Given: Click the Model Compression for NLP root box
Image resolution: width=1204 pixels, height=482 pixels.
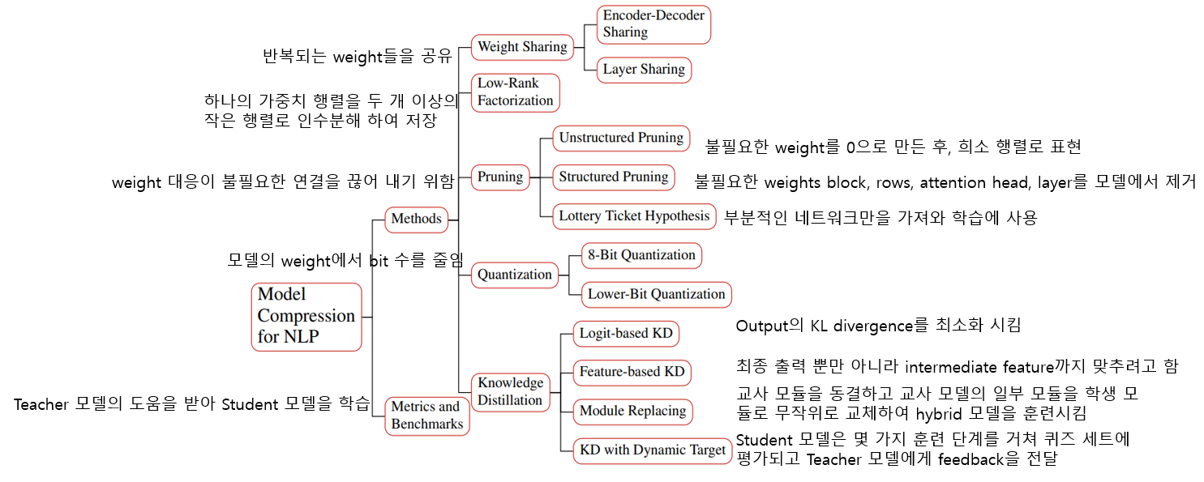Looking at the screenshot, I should [x=306, y=316].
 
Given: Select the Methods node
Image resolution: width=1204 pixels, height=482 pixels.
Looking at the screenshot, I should [x=416, y=219].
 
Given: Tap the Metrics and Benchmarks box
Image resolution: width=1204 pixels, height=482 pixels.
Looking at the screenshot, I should [x=426, y=415].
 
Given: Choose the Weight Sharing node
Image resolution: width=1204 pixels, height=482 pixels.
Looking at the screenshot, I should [x=522, y=47].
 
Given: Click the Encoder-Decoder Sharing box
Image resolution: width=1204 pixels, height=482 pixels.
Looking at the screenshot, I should [x=653, y=24].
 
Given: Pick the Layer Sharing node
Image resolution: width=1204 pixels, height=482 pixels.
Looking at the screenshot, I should [x=644, y=70].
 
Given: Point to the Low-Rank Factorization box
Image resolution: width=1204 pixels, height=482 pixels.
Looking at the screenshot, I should [x=516, y=92].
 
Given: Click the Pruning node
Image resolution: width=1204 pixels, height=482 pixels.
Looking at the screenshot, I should [x=500, y=177].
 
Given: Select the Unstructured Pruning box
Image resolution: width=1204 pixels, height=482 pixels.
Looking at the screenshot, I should [x=621, y=138].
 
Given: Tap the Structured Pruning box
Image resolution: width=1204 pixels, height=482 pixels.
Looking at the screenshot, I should [x=614, y=177].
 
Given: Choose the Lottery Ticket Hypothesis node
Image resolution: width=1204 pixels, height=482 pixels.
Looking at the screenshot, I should [x=635, y=216].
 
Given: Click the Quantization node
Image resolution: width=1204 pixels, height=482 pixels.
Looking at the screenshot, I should [x=515, y=275].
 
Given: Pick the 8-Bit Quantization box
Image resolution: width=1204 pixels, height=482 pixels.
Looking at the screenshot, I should [x=641, y=255].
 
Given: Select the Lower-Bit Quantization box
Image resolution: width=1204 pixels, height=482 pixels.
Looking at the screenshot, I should [x=657, y=294].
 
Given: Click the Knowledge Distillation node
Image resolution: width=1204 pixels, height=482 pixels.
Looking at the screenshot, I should [x=510, y=391].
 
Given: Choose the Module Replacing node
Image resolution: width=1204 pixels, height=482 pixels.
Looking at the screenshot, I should [x=633, y=411].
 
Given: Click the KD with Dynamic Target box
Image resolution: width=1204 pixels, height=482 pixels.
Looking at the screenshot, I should [x=652, y=450].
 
